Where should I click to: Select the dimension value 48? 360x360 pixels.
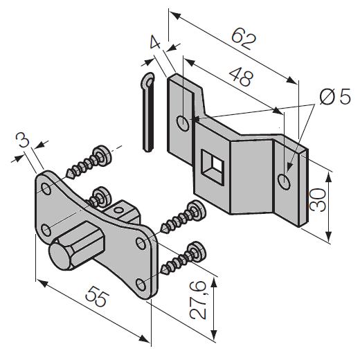[241, 77]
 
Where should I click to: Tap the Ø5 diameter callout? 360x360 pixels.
[335, 96]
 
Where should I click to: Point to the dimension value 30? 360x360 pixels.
[318, 199]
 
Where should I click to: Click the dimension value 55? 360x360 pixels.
[96, 296]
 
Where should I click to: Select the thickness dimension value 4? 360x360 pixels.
[155, 42]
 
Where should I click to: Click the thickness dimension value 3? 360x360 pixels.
[23, 140]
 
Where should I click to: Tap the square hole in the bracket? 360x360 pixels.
[213, 167]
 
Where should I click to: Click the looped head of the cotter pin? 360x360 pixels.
[147, 80]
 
